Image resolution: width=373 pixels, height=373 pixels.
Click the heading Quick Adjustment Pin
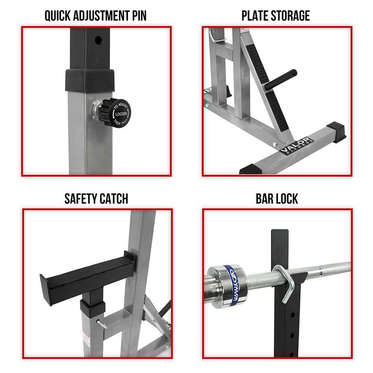(95, 16)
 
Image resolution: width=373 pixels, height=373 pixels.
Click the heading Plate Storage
(276, 16)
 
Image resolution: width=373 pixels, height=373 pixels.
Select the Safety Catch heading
(96, 198)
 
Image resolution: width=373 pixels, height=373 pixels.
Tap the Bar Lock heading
(277, 198)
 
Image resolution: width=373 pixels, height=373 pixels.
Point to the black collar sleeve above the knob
(90, 80)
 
